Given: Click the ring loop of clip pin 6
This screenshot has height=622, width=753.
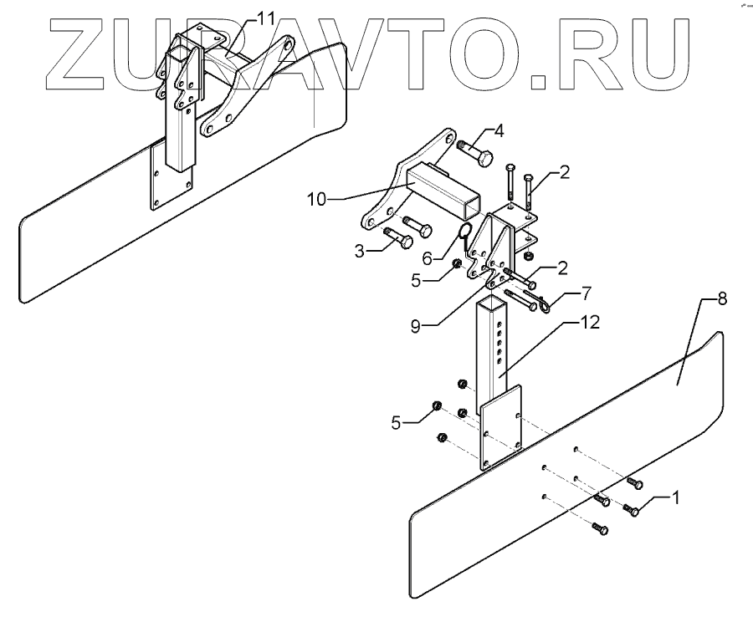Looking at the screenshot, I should point(466,229).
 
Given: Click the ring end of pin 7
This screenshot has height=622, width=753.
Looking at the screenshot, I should point(543,307).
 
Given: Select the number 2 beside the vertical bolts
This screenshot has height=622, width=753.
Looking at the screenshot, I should point(566,174).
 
